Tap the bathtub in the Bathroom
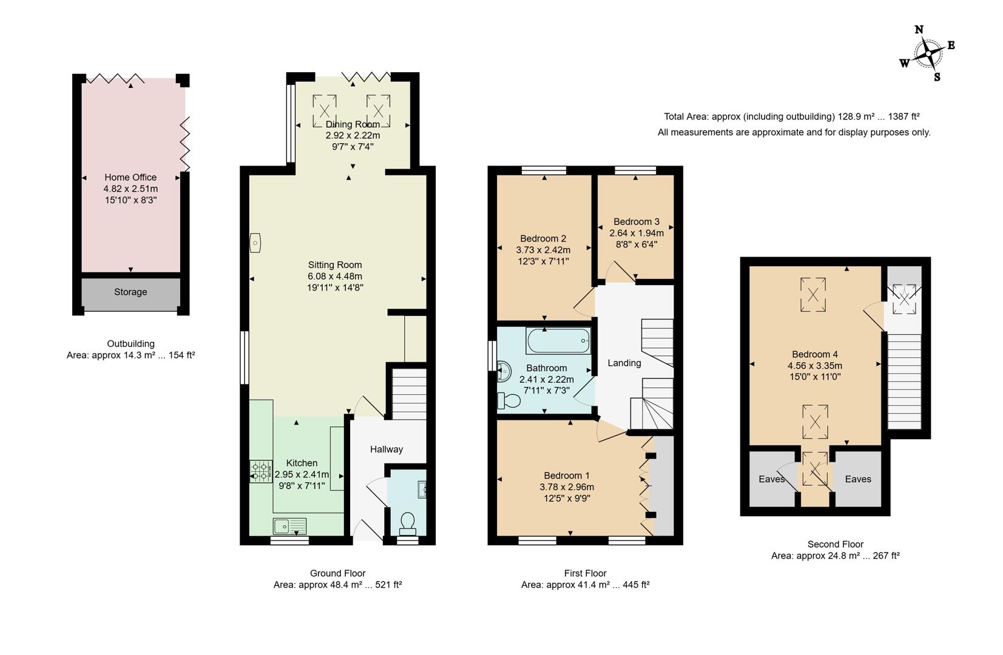[559, 341]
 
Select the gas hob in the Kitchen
[261, 472]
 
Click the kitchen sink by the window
[289, 525]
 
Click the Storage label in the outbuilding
[130, 292]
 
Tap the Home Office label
[130, 177]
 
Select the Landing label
[624, 363]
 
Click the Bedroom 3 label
[636, 222]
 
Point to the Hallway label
[387, 449]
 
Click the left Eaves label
[771, 479]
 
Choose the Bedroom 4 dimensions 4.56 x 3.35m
[814, 366]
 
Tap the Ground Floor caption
[337, 573]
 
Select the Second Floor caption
[835, 545]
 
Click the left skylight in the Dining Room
[324, 111]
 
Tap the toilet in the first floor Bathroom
[508, 401]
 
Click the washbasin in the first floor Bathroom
[504, 371]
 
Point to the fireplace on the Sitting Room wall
[255, 243]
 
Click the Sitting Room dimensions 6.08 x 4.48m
[335, 276]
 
